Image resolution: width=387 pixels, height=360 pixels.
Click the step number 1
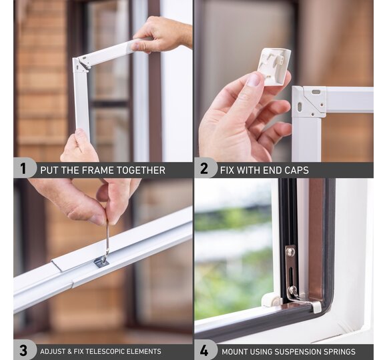[x=23, y=169]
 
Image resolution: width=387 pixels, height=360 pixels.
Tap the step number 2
[x=204, y=169]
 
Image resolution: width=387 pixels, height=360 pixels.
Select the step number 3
[x=23, y=351]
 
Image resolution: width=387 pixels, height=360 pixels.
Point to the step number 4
[x=204, y=351]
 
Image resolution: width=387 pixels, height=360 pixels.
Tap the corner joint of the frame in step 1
[x=82, y=65]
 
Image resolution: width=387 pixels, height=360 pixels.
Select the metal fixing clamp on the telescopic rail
[x=101, y=261]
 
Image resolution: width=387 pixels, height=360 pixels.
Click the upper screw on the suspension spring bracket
[x=290, y=252]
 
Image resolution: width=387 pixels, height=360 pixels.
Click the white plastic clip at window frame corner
[x=272, y=300]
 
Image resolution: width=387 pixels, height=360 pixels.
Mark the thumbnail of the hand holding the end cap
[x=254, y=79]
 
